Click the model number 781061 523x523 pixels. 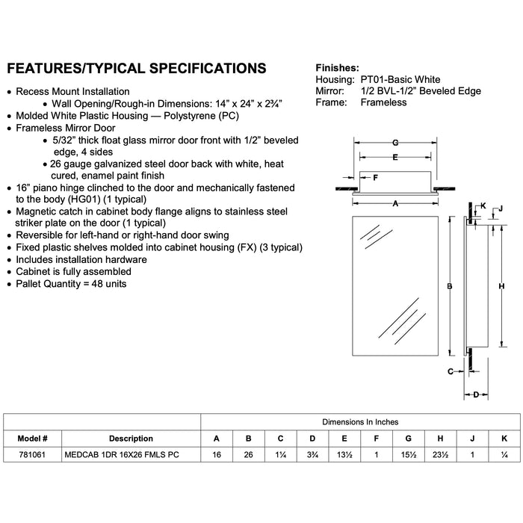point(32,454)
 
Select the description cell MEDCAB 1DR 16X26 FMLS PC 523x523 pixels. point(122,454)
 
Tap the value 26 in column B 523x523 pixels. point(248,454)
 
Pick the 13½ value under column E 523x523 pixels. point(344,454)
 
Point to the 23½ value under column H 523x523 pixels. point(440,454)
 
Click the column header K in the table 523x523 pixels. point(504,439)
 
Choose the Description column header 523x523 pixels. point(131,439)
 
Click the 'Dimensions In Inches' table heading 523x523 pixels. point(360,422)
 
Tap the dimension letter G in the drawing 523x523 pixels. point(395,143)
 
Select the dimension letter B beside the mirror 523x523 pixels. point(449,286)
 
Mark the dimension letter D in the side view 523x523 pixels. point(476,395)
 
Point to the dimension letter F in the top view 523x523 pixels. point(376,178)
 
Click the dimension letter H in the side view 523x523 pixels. point(501,286)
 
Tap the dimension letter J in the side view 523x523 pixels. point(501,208)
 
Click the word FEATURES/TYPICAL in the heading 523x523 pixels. point(75,69)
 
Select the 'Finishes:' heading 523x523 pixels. point(337,68)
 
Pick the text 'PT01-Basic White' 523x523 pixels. point(400,79)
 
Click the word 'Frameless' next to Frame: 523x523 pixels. point(383,102)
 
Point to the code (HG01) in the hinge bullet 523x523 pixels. point(84,199)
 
